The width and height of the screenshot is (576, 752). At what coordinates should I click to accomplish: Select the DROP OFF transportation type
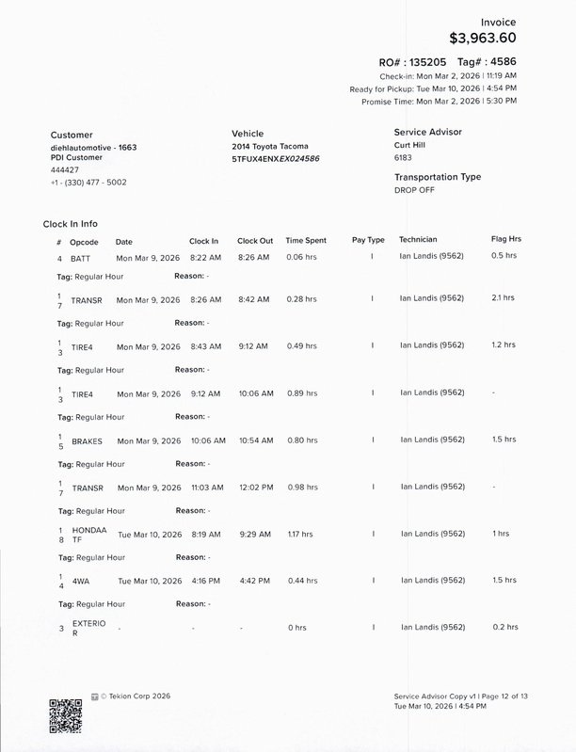414,189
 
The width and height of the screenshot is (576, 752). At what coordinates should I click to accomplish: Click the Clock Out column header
255,240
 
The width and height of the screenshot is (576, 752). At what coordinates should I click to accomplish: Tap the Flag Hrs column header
504,240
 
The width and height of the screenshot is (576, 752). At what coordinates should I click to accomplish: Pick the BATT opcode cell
81,257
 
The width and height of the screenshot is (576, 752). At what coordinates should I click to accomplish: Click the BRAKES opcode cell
87,440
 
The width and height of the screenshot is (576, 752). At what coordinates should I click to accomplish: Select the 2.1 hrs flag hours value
503,298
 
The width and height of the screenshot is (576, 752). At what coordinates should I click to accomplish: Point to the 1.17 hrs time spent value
300,534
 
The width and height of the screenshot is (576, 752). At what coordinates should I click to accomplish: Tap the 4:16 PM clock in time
204,580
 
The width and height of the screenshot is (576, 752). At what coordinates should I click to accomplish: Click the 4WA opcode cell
80,581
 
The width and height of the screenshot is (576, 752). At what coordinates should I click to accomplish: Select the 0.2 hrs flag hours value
504,627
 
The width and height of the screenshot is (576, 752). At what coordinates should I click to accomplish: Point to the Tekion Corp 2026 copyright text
136,696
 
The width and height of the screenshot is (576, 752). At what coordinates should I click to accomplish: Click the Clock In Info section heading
71,224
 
